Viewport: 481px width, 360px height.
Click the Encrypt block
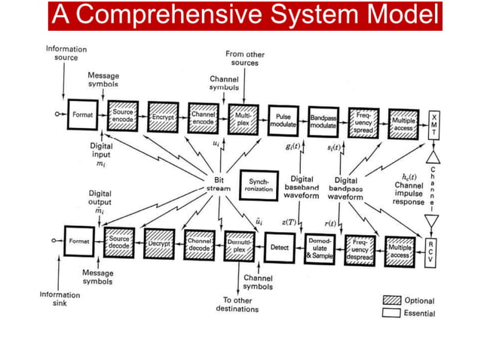point(162,117)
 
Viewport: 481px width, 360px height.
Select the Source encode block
point(121,117)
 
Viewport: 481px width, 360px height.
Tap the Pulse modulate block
point(283,119)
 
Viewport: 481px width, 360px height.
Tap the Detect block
point(278,246)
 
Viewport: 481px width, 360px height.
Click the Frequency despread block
point(360,249)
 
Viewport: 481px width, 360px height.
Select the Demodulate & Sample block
point(320,248)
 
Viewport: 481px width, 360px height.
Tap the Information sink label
point(60,299)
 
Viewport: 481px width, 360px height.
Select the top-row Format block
point(81,116)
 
